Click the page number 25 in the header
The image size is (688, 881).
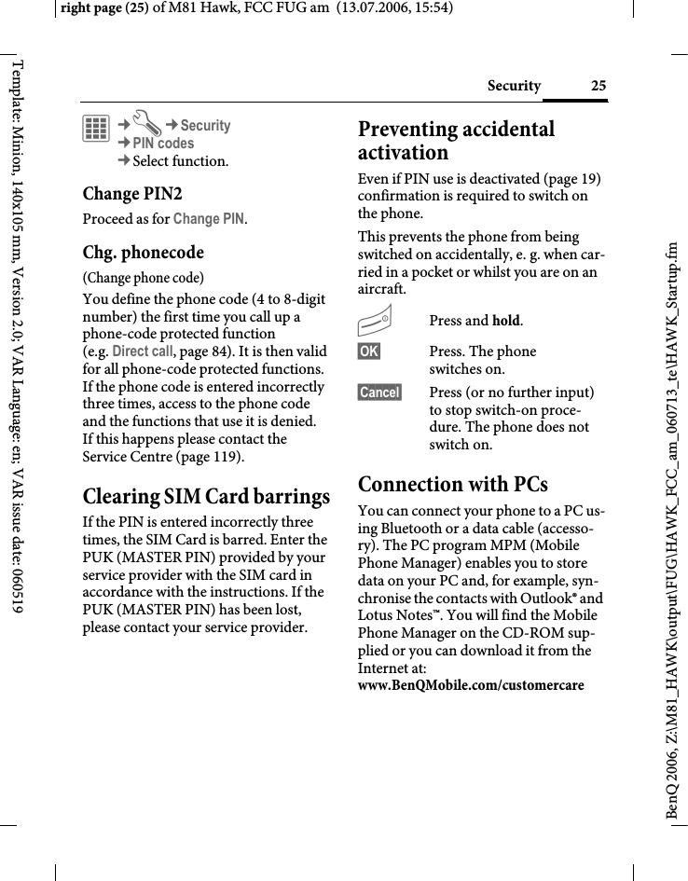click(598, 87)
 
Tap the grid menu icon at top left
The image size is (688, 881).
click(95, 129)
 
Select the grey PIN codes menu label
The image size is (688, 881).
click(163, 144)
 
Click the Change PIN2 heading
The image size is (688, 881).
click(132, 194)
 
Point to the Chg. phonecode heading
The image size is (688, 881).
click(143, 253)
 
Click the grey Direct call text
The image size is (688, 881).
click(142, 351)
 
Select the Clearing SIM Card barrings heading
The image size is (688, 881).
click(206, 496)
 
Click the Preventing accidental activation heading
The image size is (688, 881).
click(456, 140)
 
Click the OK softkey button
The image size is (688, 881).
click(367, 351)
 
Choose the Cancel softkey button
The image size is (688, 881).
click(379, 392)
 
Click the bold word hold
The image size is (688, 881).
click(506, 322)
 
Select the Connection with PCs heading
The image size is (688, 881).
click(453, 485)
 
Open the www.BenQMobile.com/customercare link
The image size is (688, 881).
click(471, 686)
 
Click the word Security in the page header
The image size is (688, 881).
click(514, 87)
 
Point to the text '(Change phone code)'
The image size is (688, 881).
click(144, 278)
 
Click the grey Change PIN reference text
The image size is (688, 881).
click(209, 220)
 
